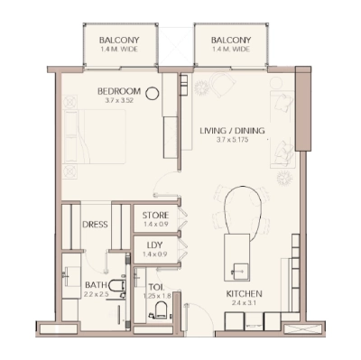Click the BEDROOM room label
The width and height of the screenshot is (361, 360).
pyautogui.click(x=119, y=91)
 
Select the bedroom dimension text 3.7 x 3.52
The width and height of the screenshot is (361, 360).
pyautogui.click(x=119, y=102)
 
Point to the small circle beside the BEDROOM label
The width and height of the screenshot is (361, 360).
pyautogui.click(x=153, y=91)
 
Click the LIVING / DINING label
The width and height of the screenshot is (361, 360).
pyautogui.click(x=232, y=131)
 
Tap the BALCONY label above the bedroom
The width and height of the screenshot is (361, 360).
pyautogui.click(x=118, y=41)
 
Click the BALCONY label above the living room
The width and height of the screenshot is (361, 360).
pyautogui.click(x=231, y=41)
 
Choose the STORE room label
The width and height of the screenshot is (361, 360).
pyautogui.click(x=156, y=214)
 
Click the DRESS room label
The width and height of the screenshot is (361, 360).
pyautogui.click(x=96, y=225)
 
